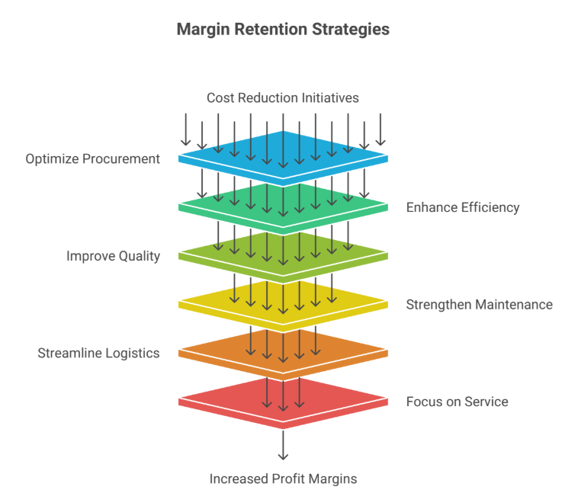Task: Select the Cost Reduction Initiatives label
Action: click(x=283, y=98)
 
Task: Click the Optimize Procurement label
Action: click(x=93, y=158)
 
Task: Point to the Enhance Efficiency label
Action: click(x=463, y=207)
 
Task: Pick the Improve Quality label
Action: click(x=113, y=256)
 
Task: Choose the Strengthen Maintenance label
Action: click(x=479, y=305)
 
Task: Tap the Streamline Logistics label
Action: click(x=98, y=353)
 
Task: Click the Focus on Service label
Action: click(x=457, y=402)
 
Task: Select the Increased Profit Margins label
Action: click(x=283, y=479)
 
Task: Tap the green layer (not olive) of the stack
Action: click(x=229, y=206)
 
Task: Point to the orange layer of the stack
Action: click(x=229, y=351)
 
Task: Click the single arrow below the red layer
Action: click(x=283, y=445)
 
